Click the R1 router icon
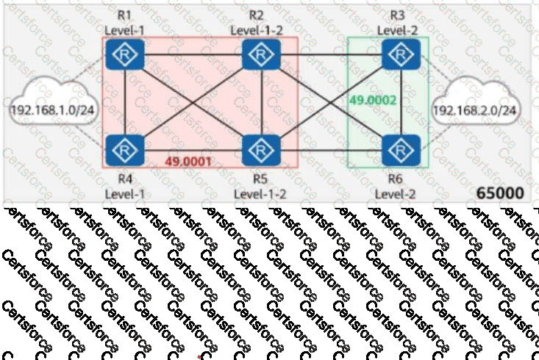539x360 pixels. pyautogui.click(x=125, y=54)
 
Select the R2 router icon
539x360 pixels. pyautogui.click(x=261, y=54)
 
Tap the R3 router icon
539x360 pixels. pyautogui.click(x=401, y=54)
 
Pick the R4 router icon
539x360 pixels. pyautogui.click(x=125, y=150)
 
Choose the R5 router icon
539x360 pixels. pyautogui.click(x=261, y=150)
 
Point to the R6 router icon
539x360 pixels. pyautogui.click(x=401, y=150)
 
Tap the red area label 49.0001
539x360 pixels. pyautogui.click(x=188, y=162)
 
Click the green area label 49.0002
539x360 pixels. pyautogui.click(x=373, y=101)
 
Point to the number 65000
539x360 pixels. pyautogui.click(x=500, y=193)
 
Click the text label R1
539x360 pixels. pyautogui.click(x=124, y=15)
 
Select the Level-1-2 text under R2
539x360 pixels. pyautogui.click(x=257, y=30)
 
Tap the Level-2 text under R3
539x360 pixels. pyautogui.click(x=397, y=30)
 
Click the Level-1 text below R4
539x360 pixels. pyautogui.click(x=125, y=194)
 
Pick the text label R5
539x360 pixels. pyautogui.click(x=260, y=179)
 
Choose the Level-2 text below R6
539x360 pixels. pyautogui.click(x=395, y=194)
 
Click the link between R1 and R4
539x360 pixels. pyautogui.click(x=125, y=102)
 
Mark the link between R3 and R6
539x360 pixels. pyautogui.click(x=401, y=102)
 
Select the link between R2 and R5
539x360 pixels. pyautogui.click(x=262, y=102)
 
